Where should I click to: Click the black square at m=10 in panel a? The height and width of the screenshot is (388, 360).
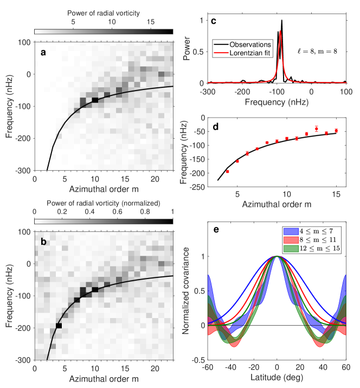pyautogui.click(x=95, y=100)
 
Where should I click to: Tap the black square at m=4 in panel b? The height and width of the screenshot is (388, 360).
pyautogui.click(x=59, y=325)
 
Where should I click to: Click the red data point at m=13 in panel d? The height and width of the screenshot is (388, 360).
pyautogui.click(x=316, y=129)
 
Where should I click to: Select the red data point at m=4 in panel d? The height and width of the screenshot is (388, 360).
pyautogui.click(x=227, y=171)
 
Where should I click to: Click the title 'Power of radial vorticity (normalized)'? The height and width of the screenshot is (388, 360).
pyautogui.click(x=104, y=203)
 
